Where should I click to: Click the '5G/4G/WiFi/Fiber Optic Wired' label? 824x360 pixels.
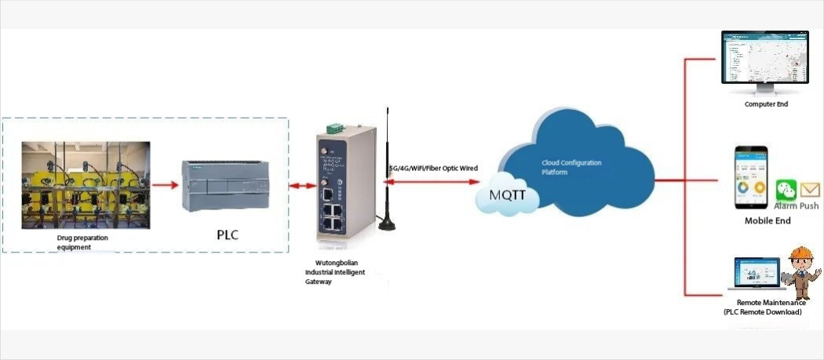click(x=433, y=168)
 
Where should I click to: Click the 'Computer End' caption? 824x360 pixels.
click(x=766, y=104)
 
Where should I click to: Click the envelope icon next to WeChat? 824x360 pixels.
click(x=811, y=189)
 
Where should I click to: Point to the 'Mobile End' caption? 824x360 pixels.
click(x=767, y=221)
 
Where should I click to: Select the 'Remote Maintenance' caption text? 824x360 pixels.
click(x=766, y=303)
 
